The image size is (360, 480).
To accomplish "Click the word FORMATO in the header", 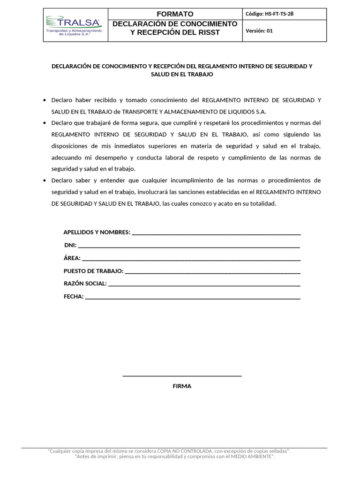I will tap(175, 14).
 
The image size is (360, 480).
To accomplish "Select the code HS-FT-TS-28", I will tap(270, 14).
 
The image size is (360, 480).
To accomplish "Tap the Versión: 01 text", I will tap(259, 31).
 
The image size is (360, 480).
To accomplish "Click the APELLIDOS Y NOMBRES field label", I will tap(97, 232).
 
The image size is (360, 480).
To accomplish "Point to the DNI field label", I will tap(70, 245).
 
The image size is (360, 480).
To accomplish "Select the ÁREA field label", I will tap(72, 258).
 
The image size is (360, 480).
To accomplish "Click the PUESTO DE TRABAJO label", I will tap(94, 271).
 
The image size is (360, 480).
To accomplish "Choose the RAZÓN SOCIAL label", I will tap(85, 284).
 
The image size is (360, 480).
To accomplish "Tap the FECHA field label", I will tap(74, 296).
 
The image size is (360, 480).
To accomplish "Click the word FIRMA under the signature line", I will tap(182, 386).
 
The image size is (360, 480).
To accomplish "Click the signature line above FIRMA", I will tap(182, 376).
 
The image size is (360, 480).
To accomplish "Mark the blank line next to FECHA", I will tap(192, 298).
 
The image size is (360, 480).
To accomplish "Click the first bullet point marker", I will tap(44, 100).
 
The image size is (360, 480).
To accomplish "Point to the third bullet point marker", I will tap(44, 180).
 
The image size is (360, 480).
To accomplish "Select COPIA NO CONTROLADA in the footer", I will tap(185, 451).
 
